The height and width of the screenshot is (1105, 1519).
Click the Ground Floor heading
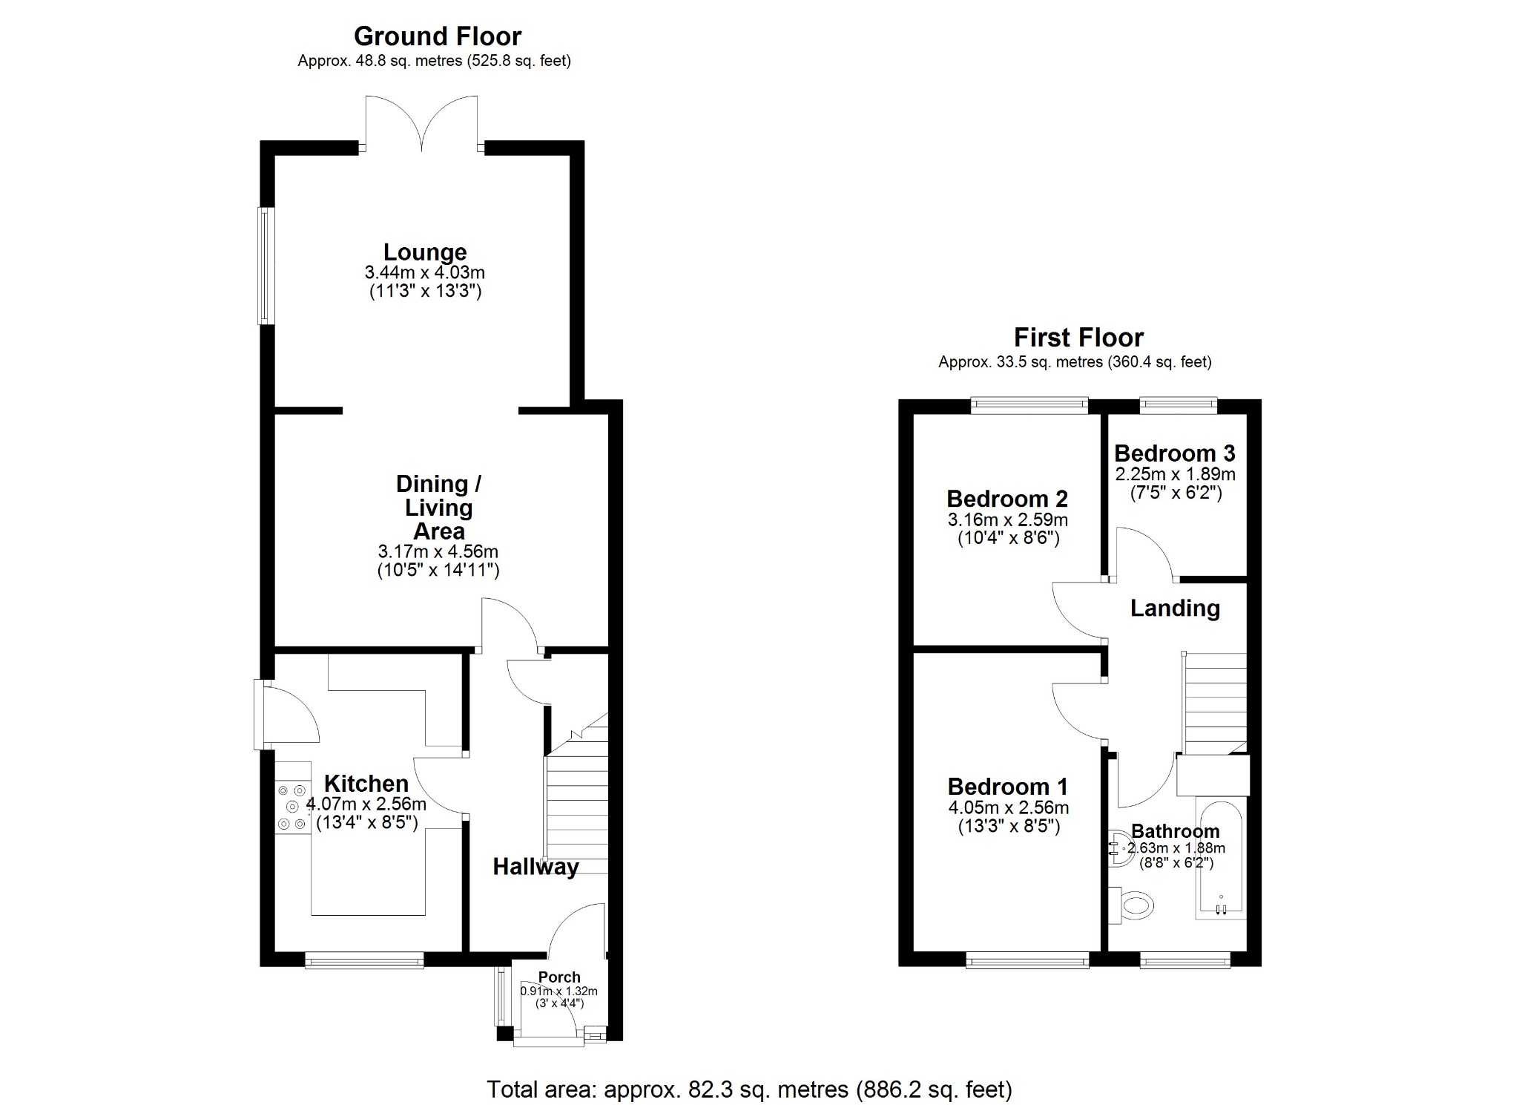tap(438, 36)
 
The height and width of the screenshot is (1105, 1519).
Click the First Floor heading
tap(1078, 338)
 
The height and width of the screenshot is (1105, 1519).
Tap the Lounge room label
tap(425, 252)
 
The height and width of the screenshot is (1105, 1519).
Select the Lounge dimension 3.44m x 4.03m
tap(425, 273)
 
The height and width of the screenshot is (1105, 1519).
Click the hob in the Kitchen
tap(292, 807)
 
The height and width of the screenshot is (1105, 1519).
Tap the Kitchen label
tap(366, 784)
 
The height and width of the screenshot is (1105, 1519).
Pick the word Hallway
tap(536, 867)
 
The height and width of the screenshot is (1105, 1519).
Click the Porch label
tap(559, 977)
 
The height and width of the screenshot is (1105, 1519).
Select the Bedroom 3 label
tap(1175, 453)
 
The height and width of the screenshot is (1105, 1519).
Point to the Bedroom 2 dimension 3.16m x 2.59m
tap(1008, 519)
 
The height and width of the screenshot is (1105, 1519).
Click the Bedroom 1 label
tap(1008, 787)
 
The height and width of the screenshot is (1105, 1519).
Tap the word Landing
tap(1175, 609)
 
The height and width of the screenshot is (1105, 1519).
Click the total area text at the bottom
tap(749, 1089)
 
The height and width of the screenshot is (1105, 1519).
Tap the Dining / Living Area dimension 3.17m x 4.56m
tap(438, 552)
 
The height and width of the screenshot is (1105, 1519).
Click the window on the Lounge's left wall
tap(266, 266)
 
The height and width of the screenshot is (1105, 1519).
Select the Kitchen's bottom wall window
tap(364, 961)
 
